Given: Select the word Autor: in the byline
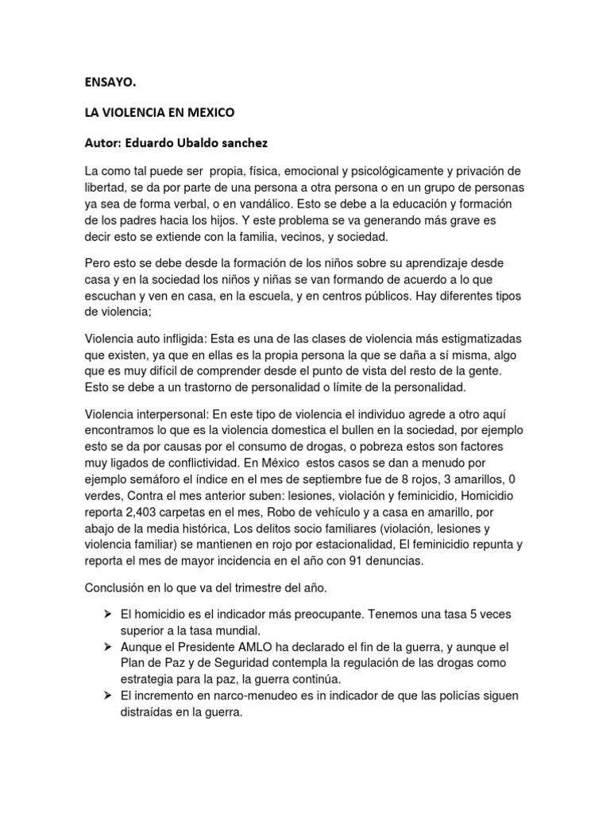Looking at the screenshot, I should [106, 145].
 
